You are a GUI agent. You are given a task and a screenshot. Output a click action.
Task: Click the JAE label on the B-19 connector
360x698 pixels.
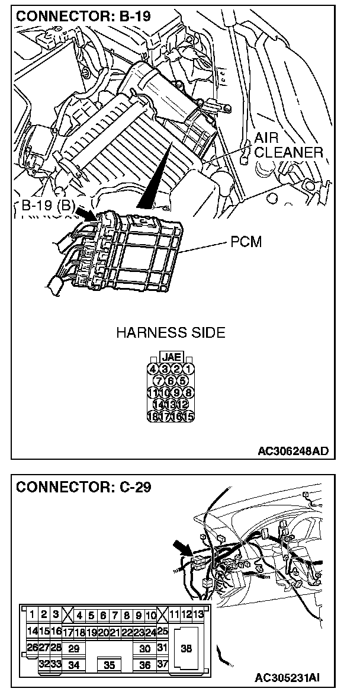[x=171, y=357]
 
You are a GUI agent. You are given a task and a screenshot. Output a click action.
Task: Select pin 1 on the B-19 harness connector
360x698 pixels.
[x=188, y=369]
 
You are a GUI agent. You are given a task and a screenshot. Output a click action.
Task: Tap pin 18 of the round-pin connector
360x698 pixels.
[x=152, y=417]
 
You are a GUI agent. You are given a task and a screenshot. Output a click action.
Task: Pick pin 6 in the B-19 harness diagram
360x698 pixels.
[x=171, y=380]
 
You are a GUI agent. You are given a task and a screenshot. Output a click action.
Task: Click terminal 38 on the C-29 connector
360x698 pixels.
[x=187, y=648]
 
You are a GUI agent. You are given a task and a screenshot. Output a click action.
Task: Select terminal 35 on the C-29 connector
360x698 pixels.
[x=110, y=665]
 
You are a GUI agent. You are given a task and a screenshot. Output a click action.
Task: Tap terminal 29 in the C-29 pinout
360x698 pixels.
[x=74, y=648]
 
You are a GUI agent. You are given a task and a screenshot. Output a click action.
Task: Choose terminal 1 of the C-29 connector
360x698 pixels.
[x=32, y=615]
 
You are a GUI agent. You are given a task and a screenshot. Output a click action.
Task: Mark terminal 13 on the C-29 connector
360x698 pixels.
[x=198, y=614]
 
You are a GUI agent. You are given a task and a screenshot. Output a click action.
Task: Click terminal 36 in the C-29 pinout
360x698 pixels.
[x=145, y=665]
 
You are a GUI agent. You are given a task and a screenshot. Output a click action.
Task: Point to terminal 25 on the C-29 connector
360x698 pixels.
[x=163, y=632]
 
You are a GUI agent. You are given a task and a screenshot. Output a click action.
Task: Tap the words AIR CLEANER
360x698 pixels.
[x=288, y=145]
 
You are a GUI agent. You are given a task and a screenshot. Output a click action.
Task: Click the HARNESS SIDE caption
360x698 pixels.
[x=171, y=332]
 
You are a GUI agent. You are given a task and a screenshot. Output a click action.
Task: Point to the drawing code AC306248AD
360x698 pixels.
[x=292, y=451]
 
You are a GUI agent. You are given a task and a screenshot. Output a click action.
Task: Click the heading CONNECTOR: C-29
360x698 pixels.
[x=83, y=487]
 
